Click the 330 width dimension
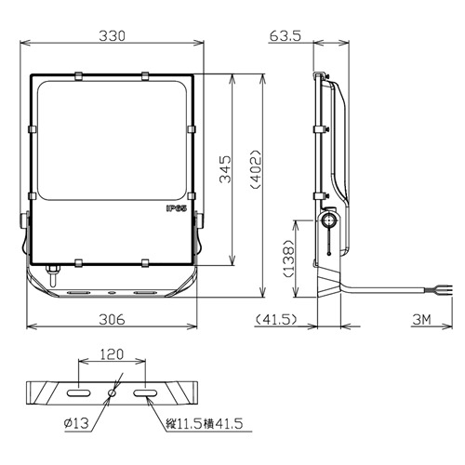[112, 34]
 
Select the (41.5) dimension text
[276, 319]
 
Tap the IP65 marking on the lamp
[177, 210]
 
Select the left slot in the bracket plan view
[80, 393]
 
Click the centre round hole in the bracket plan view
[112, 393]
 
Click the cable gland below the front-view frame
[53, 274]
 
